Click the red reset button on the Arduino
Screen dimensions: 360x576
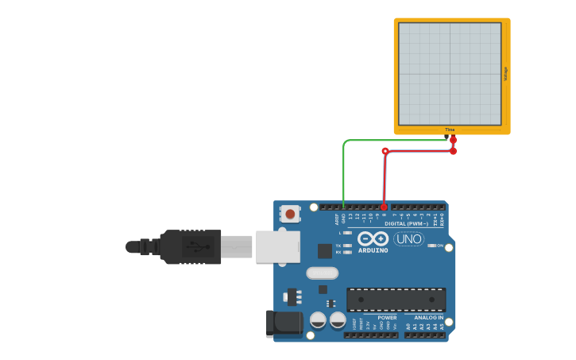coord(290,214)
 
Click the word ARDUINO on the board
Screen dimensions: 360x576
coord(373,250)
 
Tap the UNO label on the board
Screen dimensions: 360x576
coord(408,238)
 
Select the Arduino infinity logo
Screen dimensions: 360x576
coord(372,238)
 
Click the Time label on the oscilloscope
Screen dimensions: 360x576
coord(450,130)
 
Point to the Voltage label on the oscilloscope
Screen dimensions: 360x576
coord(505,73)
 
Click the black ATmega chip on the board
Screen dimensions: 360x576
coord(396,300)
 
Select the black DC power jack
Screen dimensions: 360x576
coord(284,322)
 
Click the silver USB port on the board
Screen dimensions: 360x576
coord(277,246)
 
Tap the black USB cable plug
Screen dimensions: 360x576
coord(191,246)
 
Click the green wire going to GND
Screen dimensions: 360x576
coord(343,171)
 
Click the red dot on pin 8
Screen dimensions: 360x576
coord(384,207)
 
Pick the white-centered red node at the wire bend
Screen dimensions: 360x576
coord(385,151)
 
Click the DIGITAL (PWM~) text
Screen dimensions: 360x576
coord(406,223)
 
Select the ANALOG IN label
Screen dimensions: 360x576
coord(428,317)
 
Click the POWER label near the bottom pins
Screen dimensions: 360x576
coord(387,317)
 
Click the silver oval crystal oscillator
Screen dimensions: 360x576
coord(322,273)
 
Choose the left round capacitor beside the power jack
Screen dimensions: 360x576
coord(318,319)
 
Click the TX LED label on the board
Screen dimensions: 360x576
coord(338,246)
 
